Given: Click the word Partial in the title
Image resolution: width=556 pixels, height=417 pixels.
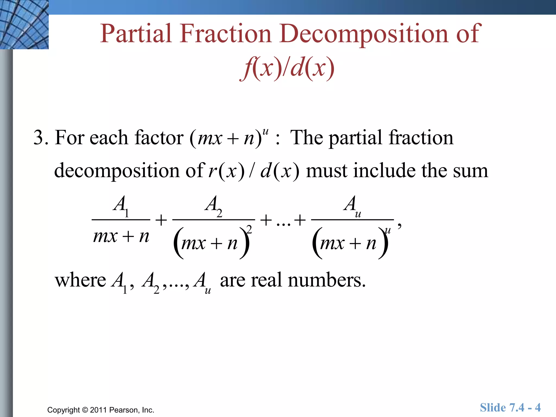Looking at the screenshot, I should pyautogui.click(x=136, y=34).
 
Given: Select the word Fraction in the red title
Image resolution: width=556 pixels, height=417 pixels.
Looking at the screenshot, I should pyautogui.click(x=225, y=34).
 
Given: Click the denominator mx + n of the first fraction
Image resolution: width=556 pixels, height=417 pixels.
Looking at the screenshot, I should pyautogui.click(x=121, y=236).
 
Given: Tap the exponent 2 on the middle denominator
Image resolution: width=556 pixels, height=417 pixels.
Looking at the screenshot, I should pyautogui.click(x=249, y=229).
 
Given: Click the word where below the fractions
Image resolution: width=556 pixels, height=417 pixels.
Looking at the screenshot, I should pyautogui.click(x=80, y=280).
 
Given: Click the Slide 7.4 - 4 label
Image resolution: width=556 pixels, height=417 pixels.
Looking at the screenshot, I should pyautogui.click(x=510, y=407).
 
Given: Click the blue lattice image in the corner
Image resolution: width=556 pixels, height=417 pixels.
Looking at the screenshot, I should pyautogui.click(x=24, y=24).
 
